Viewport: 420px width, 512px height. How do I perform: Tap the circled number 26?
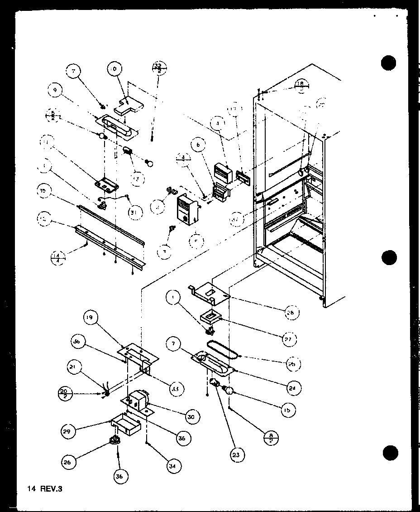68,463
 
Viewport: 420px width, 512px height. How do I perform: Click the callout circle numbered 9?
54,90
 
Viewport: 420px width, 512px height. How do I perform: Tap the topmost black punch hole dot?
389,63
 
